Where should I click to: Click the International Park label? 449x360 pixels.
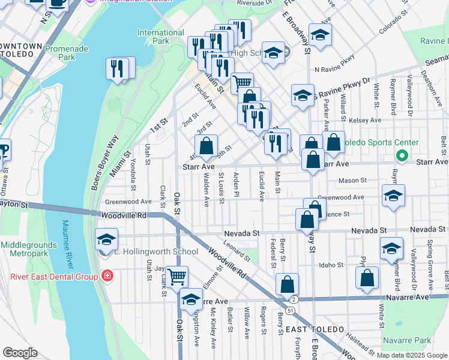point(153,37)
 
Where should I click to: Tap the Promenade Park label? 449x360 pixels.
point(67,52)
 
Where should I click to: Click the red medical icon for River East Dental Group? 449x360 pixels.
point(107,276)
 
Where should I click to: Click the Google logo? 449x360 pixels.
point(20,352)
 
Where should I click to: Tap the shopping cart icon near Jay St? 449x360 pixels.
point(177,277)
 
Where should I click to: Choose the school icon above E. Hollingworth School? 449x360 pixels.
point(106,240)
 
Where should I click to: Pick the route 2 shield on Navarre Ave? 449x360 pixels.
point(294,298)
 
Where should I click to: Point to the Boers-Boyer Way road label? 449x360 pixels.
point(104,162)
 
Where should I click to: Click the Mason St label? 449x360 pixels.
point(352,180)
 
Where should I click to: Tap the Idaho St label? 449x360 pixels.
point(331,265)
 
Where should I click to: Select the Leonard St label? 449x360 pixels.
point(236,250)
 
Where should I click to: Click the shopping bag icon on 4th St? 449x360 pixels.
point(206,145)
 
